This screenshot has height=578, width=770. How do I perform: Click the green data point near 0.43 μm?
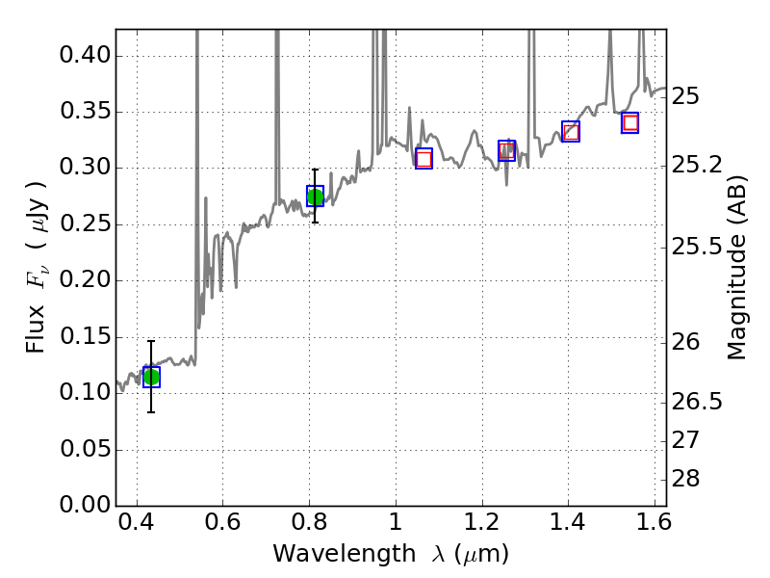[x=151, y=377]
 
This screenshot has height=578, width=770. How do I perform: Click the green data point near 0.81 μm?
[x=315, y=197]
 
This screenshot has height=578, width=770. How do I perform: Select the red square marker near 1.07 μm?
[x=423, y=159]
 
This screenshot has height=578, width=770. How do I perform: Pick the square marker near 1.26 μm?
[x=507, y=150]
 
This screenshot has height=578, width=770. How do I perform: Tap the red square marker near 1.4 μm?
[x=571, y=132]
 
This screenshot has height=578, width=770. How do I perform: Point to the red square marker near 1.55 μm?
[x=630, y=122]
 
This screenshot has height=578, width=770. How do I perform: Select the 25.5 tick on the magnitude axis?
[x=698, y=248]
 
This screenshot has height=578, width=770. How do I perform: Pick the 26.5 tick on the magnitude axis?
[x=698, y=402]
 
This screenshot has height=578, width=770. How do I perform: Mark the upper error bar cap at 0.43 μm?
[x=151, y=341]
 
